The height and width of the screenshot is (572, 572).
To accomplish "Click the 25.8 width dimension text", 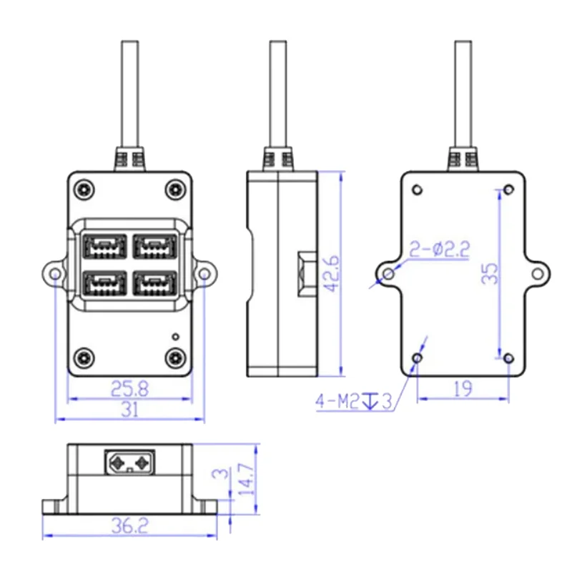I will tap(129, 388).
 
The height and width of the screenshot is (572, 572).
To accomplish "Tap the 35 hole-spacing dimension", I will tap(489, 273).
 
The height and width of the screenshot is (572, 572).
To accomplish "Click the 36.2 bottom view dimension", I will tap(129, 526).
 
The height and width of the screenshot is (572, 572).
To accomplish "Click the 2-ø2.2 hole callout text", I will tap(439, 250).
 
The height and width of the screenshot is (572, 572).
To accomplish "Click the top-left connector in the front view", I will tap(105, 247).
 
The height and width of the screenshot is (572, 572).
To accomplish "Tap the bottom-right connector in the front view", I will tap(155, 285).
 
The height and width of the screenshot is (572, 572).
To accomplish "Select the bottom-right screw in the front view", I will tap(174, 356).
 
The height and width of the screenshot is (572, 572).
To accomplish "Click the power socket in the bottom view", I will tap(129, 461).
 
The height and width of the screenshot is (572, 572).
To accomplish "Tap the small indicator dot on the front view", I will tap(175, 335).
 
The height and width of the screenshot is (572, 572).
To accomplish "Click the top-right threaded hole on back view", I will tap(508, 189).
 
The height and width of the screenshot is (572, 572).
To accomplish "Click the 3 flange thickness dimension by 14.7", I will tap(222, 474).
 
